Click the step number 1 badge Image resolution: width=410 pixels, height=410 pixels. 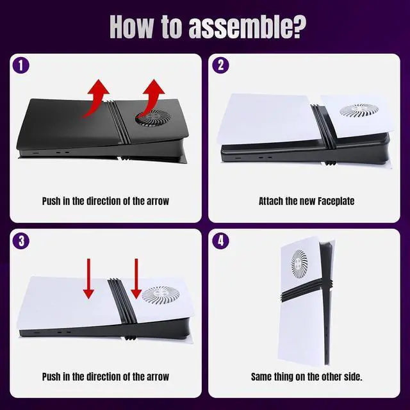(x=21, y=65)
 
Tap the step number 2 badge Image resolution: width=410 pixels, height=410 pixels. (x=220, y=65)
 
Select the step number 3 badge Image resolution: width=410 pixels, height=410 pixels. (x=21, y=241)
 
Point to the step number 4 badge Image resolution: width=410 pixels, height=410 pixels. (x=220, y=241)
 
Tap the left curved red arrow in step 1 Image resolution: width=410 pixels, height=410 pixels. (x=95, y=98)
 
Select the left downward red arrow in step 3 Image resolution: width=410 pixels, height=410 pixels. (x=88, y=279)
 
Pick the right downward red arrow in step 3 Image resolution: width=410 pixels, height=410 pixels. (x=136, y=279)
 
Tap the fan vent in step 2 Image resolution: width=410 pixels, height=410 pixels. (x=359, y=110)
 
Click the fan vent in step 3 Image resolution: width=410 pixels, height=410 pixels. (x=161, y=296)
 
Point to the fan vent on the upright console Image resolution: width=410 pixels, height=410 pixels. (x=299, y=264)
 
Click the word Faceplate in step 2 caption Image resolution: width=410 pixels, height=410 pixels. (x=336, y=201)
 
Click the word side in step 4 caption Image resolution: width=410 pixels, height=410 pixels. (x=354, y=377)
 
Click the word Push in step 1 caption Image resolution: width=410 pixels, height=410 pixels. (x=51, y=201)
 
